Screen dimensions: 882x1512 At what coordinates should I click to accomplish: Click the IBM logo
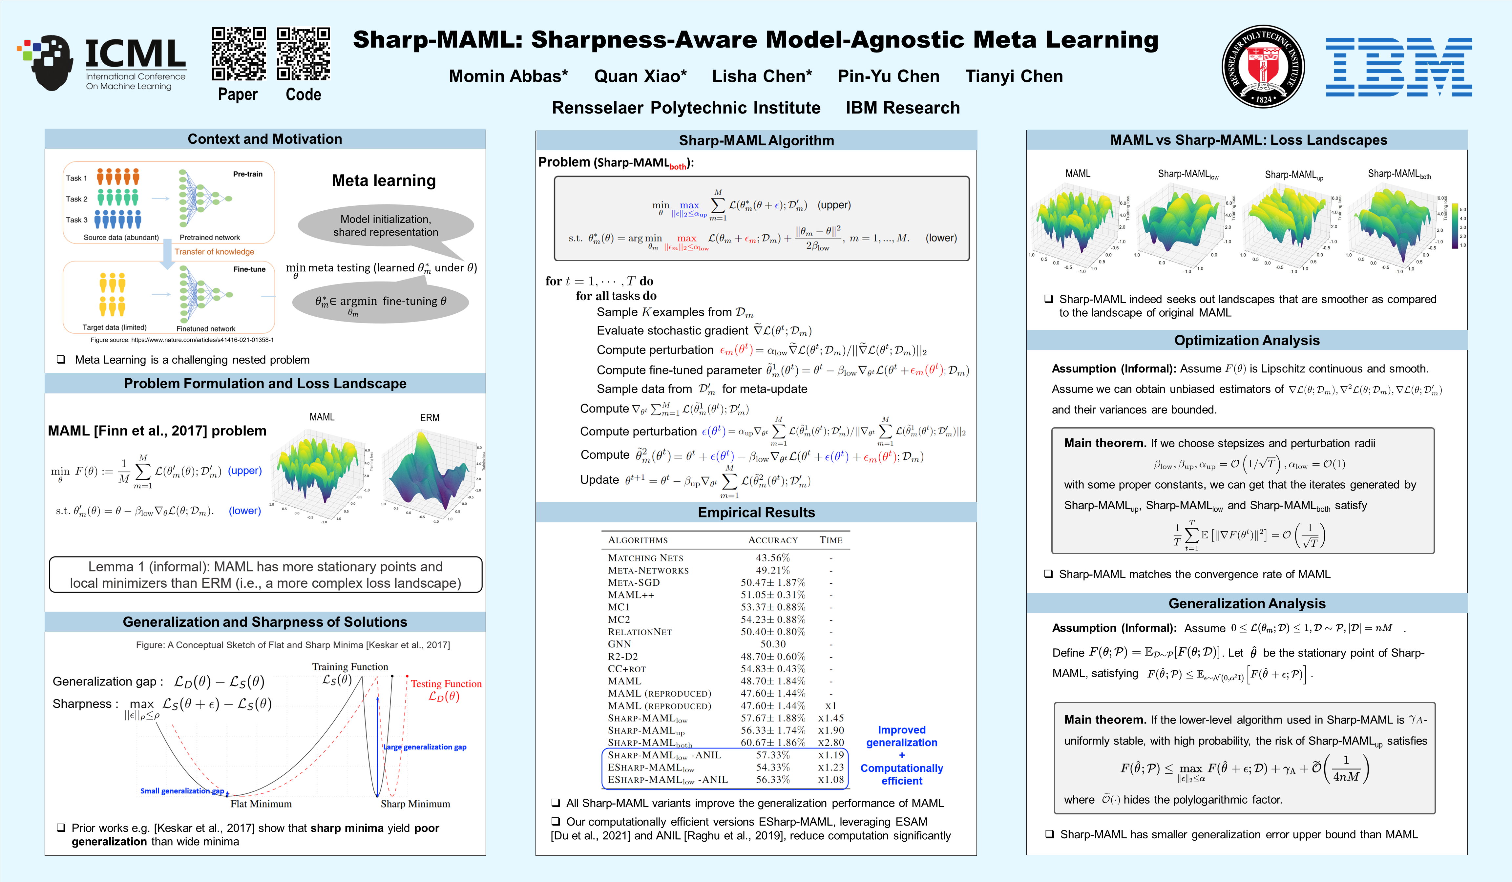coord(1398,67)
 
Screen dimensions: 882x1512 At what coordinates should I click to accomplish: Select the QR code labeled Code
coord(303,54)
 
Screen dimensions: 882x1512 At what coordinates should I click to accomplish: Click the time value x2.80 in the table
coord(831,742)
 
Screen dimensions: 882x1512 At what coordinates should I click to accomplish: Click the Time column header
coord(831,540)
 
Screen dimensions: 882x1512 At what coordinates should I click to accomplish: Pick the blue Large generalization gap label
coord(425,747)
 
